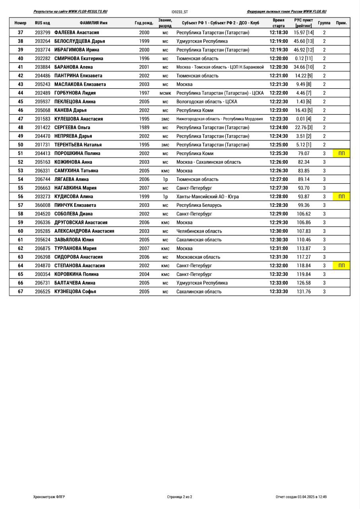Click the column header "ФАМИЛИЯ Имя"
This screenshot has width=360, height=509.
[x=93, y=23]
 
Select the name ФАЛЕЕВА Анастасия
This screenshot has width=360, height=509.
[x=76, y=33]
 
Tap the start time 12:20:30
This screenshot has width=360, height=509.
[x=279, y=67]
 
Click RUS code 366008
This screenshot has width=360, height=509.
[x=43, y=205]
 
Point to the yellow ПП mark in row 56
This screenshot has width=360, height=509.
[x=341, y=196]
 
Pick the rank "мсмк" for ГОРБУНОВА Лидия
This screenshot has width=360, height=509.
[x=165, y=93]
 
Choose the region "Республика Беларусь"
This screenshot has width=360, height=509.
[x=199, y=205]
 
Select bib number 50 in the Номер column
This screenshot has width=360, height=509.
[x=20, y=145]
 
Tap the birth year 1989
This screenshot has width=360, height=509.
[x=144, y=128]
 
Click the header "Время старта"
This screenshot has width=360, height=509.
[x=279, y=23]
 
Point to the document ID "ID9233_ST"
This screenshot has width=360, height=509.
[x=180, y=12]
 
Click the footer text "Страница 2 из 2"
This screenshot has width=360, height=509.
[x=180, y=497]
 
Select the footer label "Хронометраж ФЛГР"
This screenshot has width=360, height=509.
[x=49, y=497]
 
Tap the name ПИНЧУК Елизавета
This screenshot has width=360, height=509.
[x=75, y=205]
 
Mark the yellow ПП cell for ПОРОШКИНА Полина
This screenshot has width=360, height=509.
[x=341, y=153]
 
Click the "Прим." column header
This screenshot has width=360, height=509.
[x=341, y=23]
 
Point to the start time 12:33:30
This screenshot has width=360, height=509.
[x=279, y=291]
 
